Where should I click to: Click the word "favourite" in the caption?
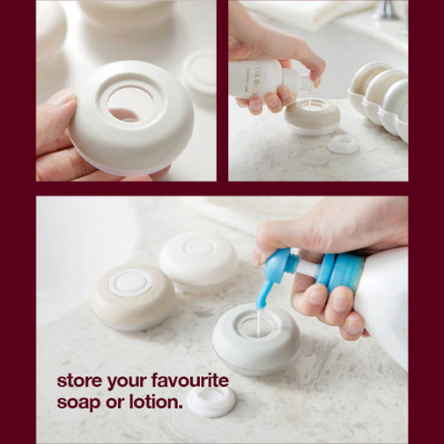tap(190, 380)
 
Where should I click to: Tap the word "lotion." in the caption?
tap(155, 402)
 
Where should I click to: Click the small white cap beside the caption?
tap(211, 401)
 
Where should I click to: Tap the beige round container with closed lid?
tap(132, 297)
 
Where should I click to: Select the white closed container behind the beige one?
tap(199, 262)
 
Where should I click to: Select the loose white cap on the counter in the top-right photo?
tap(344, 145)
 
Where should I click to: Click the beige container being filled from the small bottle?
tap(312, 116)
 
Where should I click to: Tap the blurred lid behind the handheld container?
tap(200, 77)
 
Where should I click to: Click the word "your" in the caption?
tap(126, 382)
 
